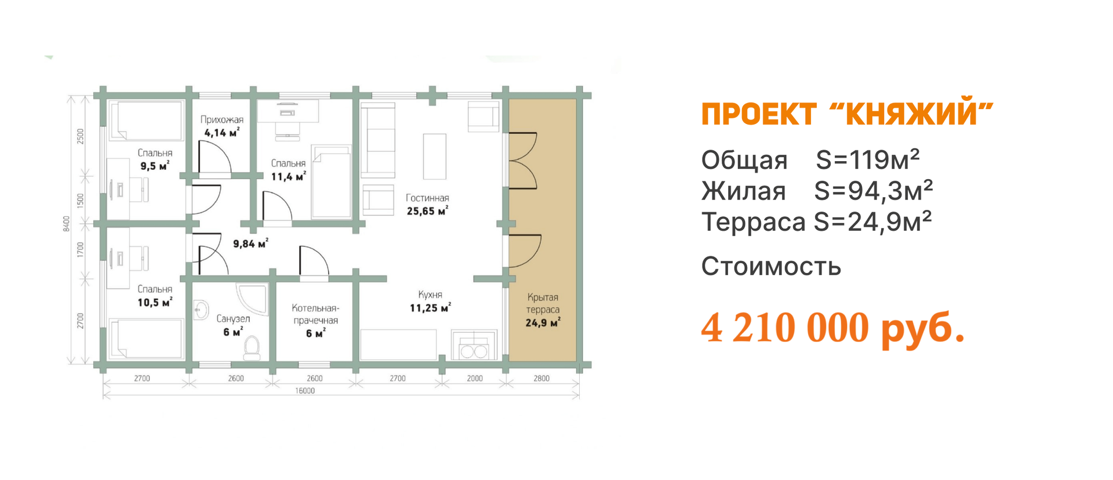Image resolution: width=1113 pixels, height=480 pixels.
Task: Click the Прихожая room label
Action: pos(222,119)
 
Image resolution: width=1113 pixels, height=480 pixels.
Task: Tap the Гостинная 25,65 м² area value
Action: pos(427,212)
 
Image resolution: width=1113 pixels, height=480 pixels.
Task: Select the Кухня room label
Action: pos(430,294)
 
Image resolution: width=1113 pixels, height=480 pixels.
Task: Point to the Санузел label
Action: pos(233,319)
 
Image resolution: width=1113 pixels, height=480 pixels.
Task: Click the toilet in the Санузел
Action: pos(252,348)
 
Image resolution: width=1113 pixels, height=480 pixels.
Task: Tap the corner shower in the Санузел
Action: pos(253,298)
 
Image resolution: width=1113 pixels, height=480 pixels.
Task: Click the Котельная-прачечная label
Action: pos(315,314)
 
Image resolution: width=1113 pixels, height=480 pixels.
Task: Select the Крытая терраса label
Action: pos(543,303)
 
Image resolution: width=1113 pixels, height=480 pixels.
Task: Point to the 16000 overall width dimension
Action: pos(305,391)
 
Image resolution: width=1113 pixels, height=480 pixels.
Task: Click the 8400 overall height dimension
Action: pos(67,224)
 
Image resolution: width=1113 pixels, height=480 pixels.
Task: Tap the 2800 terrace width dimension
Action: pos(541,379)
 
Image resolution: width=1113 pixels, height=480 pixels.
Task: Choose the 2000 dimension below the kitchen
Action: pos(475,379)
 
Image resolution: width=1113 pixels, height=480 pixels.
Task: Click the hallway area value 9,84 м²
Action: pos(250,243)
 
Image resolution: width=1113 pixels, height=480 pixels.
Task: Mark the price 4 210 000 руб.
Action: pos(833,329)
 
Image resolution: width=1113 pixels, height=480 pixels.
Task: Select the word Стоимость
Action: pos(771,267)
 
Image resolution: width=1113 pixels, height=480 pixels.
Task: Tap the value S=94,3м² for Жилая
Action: pos(874,191)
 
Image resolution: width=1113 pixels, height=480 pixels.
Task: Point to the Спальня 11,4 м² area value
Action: pos(288,177)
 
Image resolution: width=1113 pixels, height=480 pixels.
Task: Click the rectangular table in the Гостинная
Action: pos(435,157)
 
